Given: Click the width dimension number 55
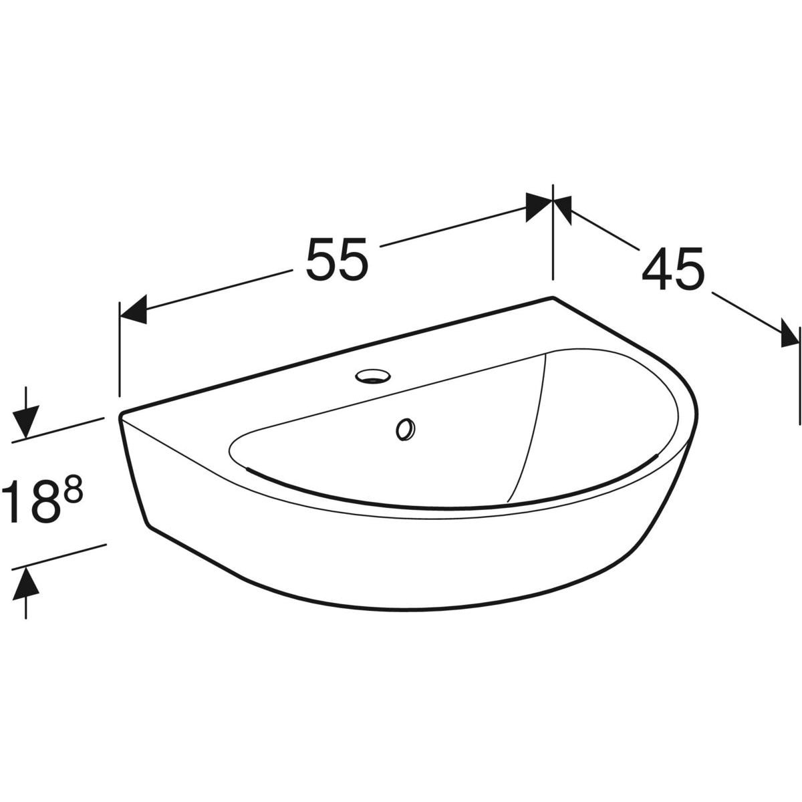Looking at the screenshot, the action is click(337, 259).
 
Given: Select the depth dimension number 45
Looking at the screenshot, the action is click(672, 269).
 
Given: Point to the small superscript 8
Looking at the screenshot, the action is click(73, 491).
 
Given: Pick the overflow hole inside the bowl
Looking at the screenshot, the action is click(406, 430).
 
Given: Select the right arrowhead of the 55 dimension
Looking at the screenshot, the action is click(539, 207).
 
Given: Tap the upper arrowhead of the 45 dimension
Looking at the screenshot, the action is click(562, 210).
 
